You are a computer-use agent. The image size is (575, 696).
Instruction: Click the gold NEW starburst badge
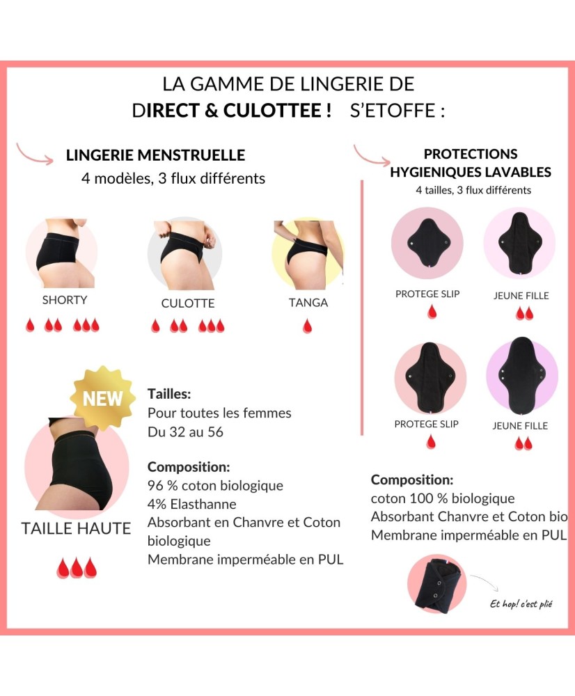tap(102, 398)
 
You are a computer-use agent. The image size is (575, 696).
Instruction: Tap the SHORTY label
tap(65, 300)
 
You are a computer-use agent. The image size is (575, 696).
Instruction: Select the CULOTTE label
tap(188, 303)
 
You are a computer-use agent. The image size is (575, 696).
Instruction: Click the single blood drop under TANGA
tap(307, 325)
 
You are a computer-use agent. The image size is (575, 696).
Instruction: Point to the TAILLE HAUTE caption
tap(76, 528)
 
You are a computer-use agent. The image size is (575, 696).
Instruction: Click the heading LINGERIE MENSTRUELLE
tap(155, 155)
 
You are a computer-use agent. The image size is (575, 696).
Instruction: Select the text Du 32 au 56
tap(185, 432)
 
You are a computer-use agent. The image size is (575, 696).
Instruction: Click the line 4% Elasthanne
tap(192, 504)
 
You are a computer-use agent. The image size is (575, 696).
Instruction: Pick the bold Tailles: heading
tap(169, 394)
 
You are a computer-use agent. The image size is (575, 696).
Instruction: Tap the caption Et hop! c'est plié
tap(521, 604)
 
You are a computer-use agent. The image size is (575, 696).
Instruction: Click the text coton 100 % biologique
tap(443, 498)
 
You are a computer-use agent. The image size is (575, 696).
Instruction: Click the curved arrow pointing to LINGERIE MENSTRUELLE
tap(35, 154)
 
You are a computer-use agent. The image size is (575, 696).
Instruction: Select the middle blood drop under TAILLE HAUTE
tap(77, 568)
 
